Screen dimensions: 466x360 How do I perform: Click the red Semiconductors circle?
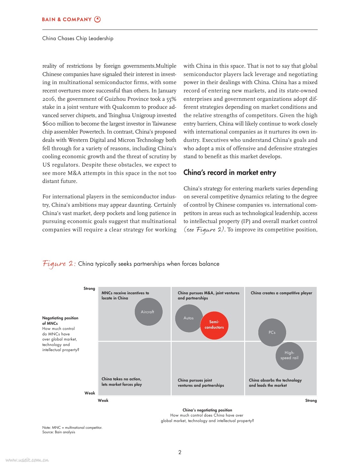point(214,325)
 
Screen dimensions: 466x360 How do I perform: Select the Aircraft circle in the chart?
point(148,312)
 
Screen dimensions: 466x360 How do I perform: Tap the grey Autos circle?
point(188,318)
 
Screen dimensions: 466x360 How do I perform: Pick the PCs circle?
point(272,332)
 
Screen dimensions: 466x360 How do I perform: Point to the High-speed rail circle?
point(289,356)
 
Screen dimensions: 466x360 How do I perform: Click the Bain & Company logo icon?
point(98,19)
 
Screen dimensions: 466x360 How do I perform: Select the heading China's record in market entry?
point(230,173)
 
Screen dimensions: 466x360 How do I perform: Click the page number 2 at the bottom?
point(180,452)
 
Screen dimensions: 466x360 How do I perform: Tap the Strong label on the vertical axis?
point(89,289)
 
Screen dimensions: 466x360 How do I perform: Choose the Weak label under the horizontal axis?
point(103,401)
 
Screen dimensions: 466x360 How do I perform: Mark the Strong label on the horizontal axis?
point(311,401)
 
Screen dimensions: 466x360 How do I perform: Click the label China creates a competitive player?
point(281,293)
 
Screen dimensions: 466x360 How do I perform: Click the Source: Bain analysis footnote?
point(59,432)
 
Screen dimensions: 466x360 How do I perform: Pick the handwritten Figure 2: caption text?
point(59,264)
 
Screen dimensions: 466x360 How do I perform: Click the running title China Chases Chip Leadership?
point(78,39)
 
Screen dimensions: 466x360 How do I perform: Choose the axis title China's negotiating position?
point(207,410)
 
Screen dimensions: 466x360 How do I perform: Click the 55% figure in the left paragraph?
point(171,99)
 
